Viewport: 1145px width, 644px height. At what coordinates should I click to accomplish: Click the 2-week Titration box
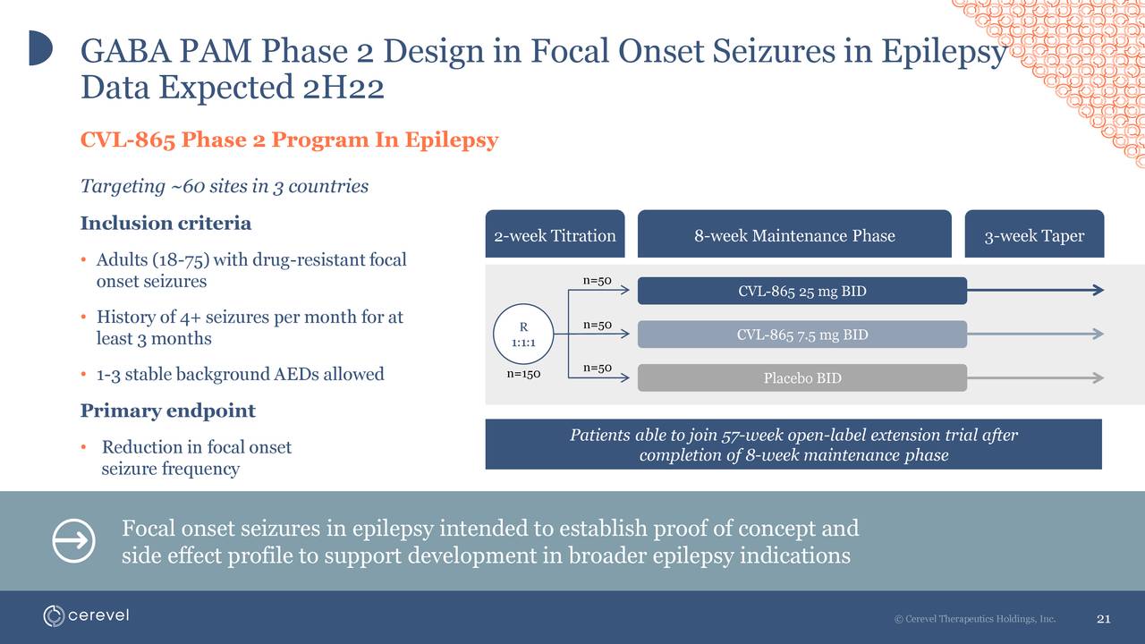555,235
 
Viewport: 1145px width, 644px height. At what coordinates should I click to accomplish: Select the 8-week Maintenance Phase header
793,235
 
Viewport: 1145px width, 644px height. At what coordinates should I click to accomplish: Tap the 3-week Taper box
1033,235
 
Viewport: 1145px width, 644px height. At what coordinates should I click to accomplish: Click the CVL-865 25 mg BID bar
801,291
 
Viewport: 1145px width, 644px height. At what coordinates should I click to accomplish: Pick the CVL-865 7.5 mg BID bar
801,335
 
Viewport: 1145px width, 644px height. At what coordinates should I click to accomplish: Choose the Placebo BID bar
801,377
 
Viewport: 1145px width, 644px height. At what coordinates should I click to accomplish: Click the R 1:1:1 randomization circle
523,335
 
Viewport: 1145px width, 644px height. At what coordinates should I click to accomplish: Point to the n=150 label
523,374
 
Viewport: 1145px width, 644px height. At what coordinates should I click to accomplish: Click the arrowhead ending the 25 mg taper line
1098,290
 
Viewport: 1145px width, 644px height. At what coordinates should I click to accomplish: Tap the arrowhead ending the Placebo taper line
1098,377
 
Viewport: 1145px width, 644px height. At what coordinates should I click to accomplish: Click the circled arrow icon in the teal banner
73,541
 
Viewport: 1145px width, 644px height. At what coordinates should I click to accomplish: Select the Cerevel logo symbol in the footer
55,616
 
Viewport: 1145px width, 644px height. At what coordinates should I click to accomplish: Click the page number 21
1103,619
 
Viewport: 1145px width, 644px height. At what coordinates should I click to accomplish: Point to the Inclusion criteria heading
165,223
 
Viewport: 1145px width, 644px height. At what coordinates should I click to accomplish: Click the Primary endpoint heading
167,411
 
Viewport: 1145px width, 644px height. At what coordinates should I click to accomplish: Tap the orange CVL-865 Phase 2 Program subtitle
289,140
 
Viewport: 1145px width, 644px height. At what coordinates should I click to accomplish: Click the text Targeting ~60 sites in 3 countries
224,186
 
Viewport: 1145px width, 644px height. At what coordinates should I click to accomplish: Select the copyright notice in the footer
974,619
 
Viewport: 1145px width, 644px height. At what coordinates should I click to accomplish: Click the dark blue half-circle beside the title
39,47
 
